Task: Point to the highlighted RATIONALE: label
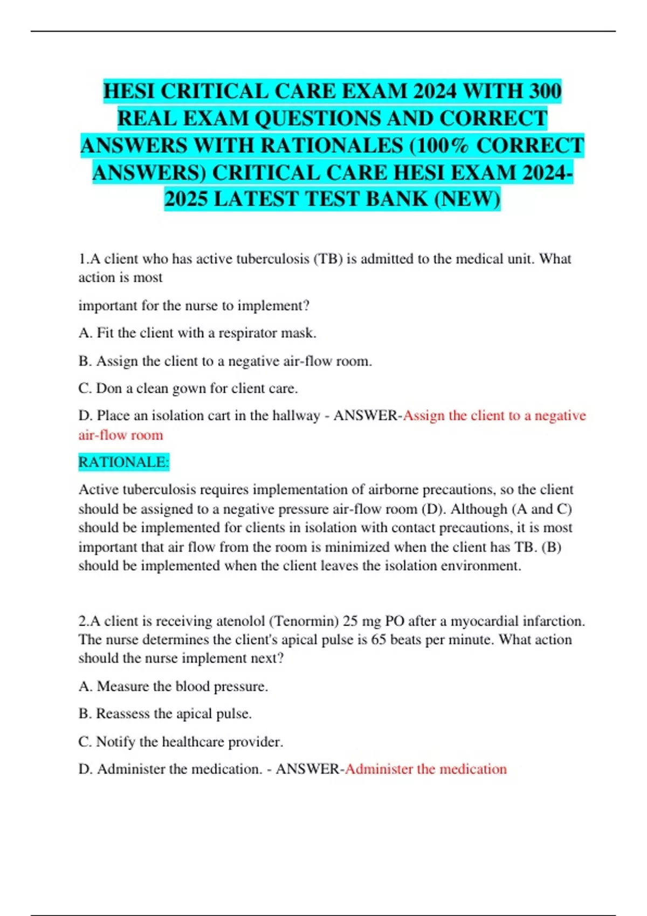click(x=124, y=462)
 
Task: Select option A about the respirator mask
click(x=197, y=333)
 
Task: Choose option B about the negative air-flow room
click(x=225, y=361)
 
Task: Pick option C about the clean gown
click(x=188, y=388)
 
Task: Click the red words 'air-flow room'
click(x=121, y=435)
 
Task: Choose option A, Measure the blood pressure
click(x=174, y=686)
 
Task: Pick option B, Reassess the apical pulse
click(x=166, y=714)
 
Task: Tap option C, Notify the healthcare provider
click(x=181, y=742)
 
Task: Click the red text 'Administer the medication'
click(x=426, y=769)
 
